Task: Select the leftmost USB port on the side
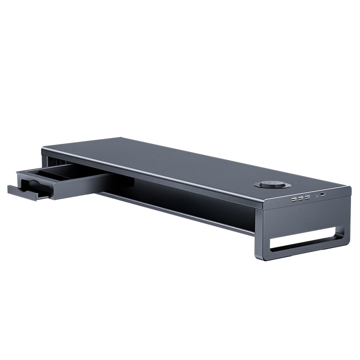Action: click(x=294, y=198)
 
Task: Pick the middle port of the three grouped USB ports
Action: click(x=301, y=198)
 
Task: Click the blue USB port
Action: click(x=307, y=197)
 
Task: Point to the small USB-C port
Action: click(x=317, y=196)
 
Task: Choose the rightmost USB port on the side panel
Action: click(x=324, y=195)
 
